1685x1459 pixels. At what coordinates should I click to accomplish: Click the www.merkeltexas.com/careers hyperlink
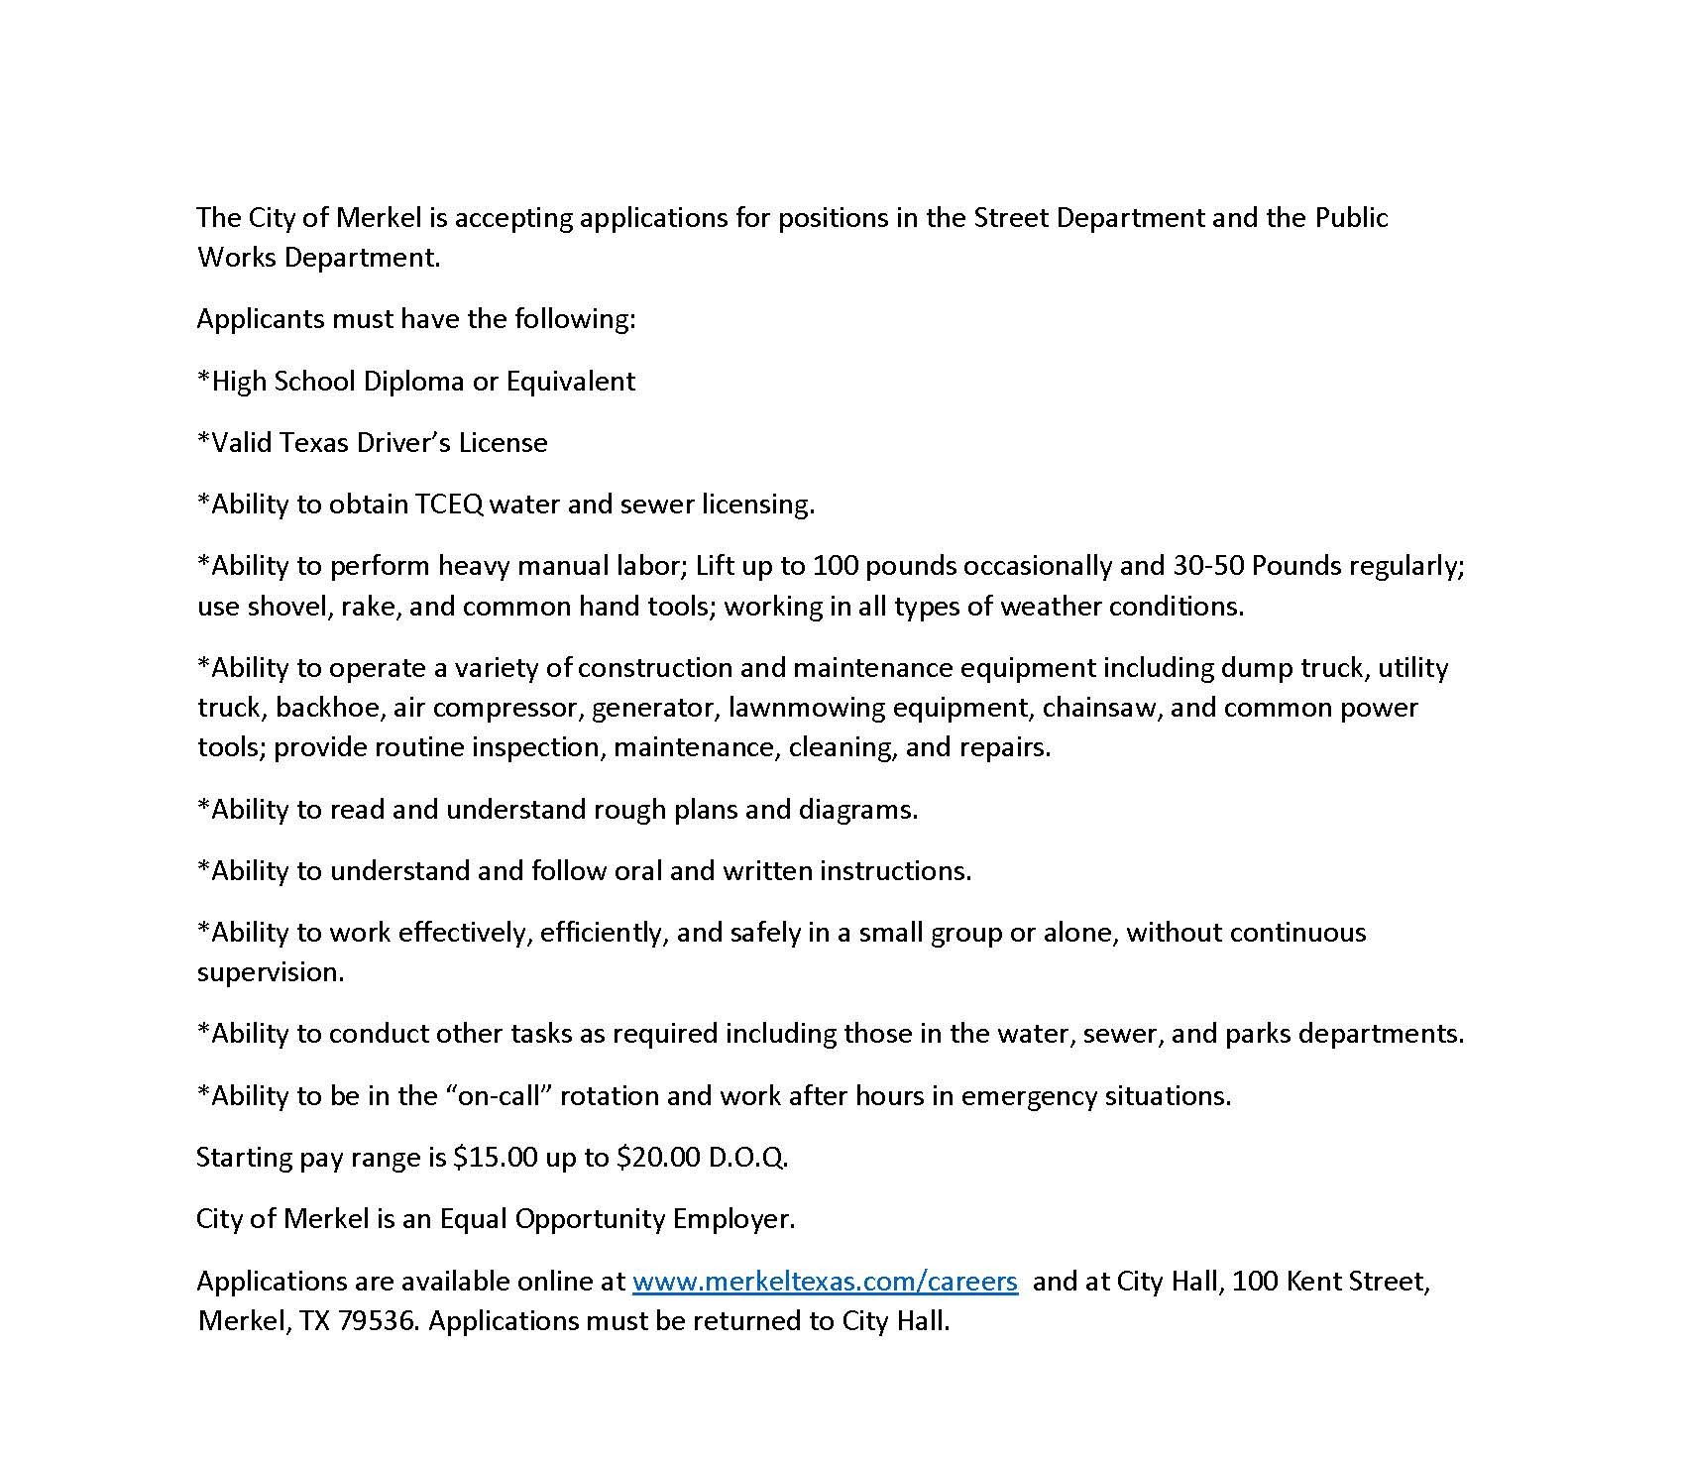coord(825,1281)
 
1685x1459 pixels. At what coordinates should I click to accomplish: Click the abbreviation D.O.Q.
coord(747,1157)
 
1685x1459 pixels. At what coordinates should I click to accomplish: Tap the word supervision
coord(270,971)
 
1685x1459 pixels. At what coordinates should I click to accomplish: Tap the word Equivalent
coord(571,381)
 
